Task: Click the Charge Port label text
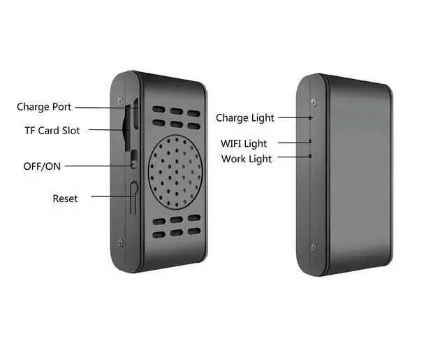click(x=43, y=107)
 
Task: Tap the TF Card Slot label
click(x=52, y=131)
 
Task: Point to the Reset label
click(x=65, y=199)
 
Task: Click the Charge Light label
click(x=244, y=118)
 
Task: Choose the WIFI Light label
click(x=244, y=144)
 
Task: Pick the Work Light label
click(x=247, y=159)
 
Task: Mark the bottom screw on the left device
click(x=121, y=243)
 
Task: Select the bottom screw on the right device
click(x=313, y=246)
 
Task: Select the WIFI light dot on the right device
click(x=311, y=142)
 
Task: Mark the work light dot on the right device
click(x=311, y=155)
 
